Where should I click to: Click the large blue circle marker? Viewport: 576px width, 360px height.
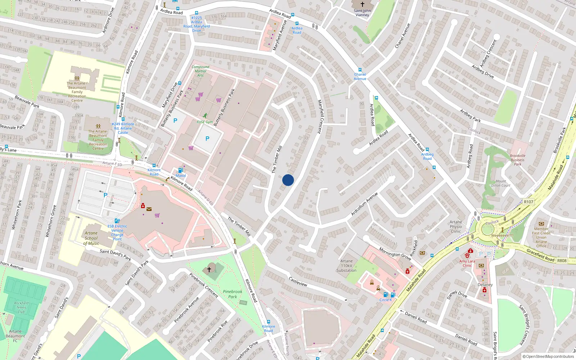point(288,180)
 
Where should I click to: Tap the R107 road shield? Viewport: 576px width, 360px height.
point(528,202)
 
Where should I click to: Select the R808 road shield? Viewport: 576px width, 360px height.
point(562,261)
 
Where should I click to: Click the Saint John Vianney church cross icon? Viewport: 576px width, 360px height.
point(362,4)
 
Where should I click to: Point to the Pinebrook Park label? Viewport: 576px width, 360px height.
point(233,294)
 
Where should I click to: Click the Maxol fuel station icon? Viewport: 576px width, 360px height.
point(181,170)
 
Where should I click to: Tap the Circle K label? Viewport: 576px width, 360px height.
point(385,300)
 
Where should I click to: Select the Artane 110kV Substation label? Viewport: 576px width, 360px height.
point(346,266)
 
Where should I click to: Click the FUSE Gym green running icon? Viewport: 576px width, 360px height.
point(205,116)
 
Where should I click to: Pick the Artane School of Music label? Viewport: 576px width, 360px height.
point(91,238)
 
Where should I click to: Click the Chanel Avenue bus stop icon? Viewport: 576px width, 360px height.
point(360,70)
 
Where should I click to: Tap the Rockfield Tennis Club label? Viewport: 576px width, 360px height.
point(21,307)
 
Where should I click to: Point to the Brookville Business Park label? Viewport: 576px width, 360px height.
point(517,160)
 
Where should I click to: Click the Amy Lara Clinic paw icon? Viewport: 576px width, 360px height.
point(467,255)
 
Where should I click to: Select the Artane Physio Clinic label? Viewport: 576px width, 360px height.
point(456,226)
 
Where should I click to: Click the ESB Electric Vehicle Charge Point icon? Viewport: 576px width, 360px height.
point(117,221)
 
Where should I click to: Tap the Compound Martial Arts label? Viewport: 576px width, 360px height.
point(200,71)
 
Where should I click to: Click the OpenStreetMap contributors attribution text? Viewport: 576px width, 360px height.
point(548,356)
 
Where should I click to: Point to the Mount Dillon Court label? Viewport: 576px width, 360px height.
point(501,183)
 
